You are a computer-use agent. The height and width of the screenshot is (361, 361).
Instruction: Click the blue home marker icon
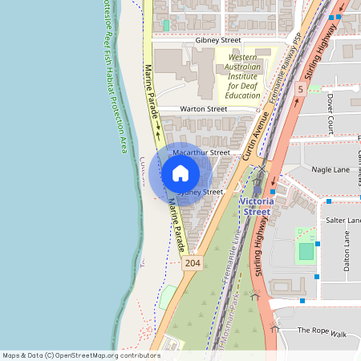pyautogui.click(x=180, y=173)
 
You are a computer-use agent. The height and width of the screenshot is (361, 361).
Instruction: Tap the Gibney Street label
pyautogui.click(x=217, y=39)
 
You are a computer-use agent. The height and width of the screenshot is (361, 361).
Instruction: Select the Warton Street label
pyautogui.click(x=203, y=108)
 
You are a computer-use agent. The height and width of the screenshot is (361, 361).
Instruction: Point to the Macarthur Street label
pyautogui.click(x=201, y=152)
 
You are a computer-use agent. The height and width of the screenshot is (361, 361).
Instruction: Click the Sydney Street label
pyautogui.click(x=200, y=193)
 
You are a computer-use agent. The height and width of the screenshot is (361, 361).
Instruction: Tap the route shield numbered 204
pyautogui.click(x=192, y=263)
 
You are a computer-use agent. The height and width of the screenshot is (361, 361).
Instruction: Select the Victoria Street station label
pyautogui.click(x=258, y=205)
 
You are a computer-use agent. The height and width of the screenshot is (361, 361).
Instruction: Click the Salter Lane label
pyautogui.click(x=340, y=220)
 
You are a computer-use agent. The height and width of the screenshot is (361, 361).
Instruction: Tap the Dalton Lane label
pyautogui.click(x=347, y=251)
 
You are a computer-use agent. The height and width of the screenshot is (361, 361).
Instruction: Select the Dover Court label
pyautogui.click(x=330, y=112)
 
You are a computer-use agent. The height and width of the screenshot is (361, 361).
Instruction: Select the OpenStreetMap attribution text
pyautogui.click(x=82, y=355)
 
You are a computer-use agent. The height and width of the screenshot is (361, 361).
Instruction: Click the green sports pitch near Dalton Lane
pyautogui.click(x=306, y=252)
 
